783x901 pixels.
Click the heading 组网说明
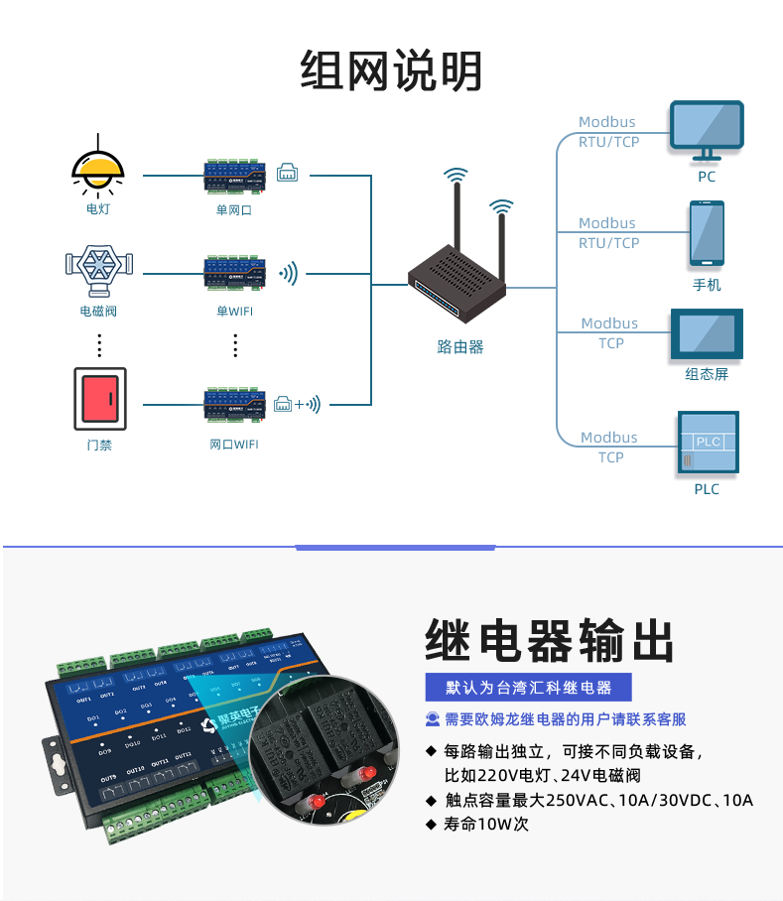tap(391, 71)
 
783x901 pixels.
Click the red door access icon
tap(99, 399)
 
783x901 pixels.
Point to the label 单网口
tap(234, 209)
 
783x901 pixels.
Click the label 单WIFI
tap(234, 311)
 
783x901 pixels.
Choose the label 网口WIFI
tap(234, 445)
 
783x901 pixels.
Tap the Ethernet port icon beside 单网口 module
tap(288, 171)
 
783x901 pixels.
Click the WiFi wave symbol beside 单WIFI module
tap(289, 273)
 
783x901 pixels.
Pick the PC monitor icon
tap(707, 129)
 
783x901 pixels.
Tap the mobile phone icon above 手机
tap(707, 234)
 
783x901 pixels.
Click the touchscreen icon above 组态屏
tap(707, 334)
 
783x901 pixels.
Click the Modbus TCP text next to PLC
tap(609, 448)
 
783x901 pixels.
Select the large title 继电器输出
tap(549, 640)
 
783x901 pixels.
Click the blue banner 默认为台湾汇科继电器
tap(528, 688)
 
